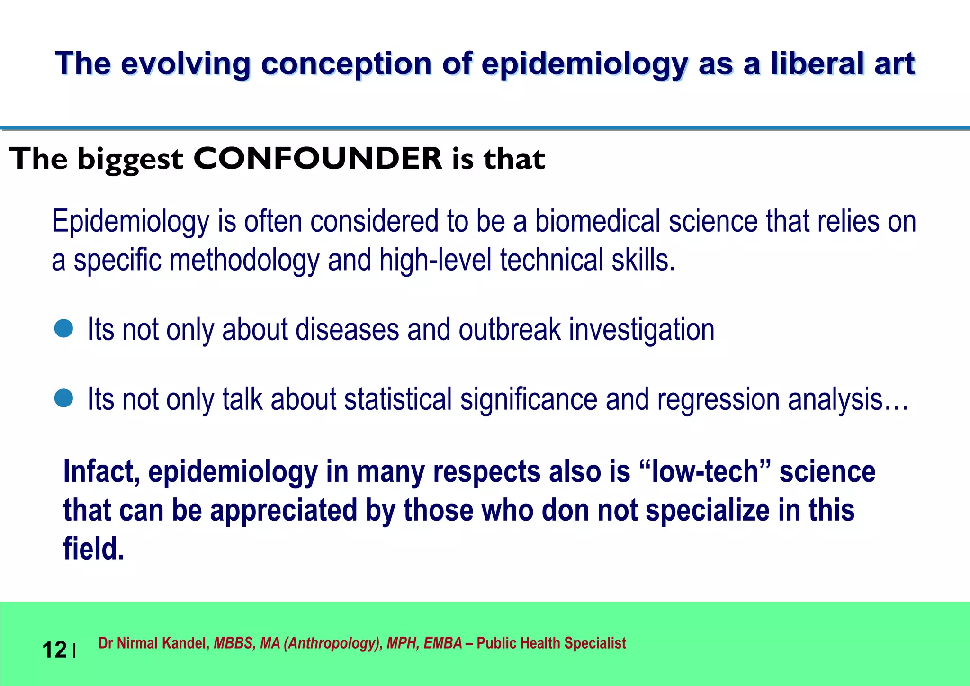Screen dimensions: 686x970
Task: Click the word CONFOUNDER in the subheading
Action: click(x=317, y=158)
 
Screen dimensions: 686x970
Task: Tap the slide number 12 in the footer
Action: click(x=54, y=649)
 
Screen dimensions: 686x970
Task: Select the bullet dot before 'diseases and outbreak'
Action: click(x=63, y=328)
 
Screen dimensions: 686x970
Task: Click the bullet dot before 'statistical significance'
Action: click(x=63, y=398)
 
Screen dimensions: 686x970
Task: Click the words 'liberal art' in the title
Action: click(x=843, y=63)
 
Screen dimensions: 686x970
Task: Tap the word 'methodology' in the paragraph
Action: click(x=244, y=260)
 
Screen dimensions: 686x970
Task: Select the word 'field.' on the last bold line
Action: click(x=94, y=549)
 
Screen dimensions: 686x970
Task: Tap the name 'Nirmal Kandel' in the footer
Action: click(x=163, y=643)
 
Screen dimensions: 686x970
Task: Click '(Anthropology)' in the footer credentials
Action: click(x=333, y=643)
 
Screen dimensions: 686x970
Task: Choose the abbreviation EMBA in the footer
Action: click(x=442, y=643)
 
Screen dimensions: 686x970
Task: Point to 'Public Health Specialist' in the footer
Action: click(x=551, y=643)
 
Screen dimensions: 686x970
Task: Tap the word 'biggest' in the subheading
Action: click(x=130, y=159)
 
